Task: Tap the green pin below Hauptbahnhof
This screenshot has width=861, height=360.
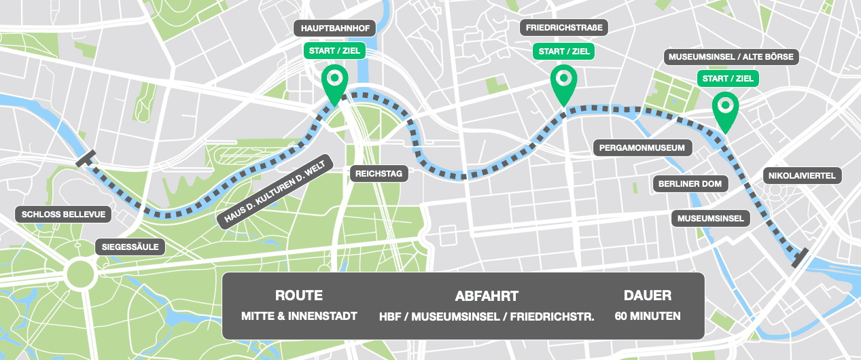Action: [x=334, y=80]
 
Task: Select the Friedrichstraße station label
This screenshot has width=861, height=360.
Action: [x=564, y=28]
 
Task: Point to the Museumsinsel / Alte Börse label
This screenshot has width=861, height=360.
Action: [x=731, y=56]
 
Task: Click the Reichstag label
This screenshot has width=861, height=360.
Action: [x=379, y=174]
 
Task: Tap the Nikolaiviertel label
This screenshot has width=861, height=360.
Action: [x=802, y=175]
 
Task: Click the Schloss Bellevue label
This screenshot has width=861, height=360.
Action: [x=63, y=215]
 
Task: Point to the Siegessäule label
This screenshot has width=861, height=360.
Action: [x=130, y=247]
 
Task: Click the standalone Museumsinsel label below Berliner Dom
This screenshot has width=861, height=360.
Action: [x=711, y=219]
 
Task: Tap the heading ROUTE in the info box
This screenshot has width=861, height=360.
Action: [x=299, y=295]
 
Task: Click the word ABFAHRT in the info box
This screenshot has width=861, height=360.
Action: [x=487, y=295]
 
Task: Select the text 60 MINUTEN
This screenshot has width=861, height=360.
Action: [x=648, y=316]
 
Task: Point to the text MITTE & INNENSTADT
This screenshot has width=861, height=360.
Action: [x=299, y=316]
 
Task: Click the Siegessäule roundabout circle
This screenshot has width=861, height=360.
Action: [x=80, y=274]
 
